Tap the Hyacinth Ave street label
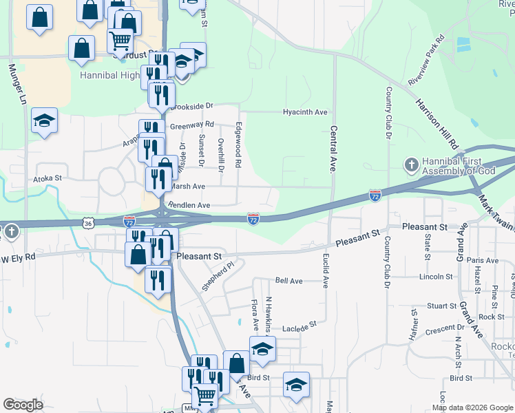305,112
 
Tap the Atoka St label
48,178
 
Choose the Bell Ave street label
288,281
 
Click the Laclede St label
301,324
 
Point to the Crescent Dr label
445,330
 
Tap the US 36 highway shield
86,223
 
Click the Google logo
23,405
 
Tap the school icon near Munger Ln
44,121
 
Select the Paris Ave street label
482,260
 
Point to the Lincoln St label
436,277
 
